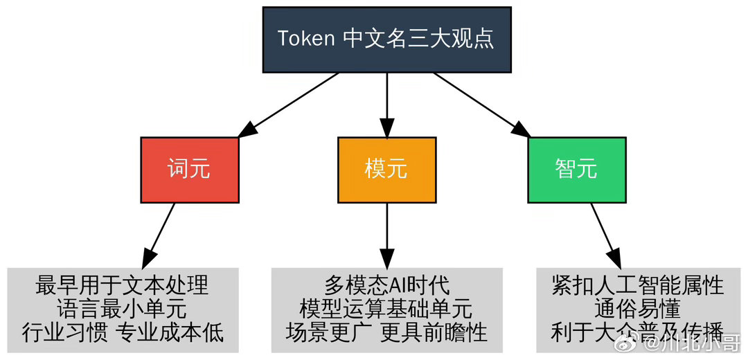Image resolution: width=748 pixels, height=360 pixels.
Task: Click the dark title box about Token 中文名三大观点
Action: click(x=386, y=39)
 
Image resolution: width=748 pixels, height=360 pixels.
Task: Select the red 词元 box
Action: click(x=189, y=170)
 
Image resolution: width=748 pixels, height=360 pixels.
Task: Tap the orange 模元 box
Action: click(x=386, y=170)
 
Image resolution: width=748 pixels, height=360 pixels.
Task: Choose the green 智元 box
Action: click(x=576, y=170)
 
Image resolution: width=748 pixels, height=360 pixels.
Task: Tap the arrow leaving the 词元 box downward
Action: click(x=159, y=235)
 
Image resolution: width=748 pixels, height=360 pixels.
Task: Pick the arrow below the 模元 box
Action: click(x=386, y=235)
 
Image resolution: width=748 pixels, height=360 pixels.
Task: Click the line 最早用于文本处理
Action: click(x=122, y=285)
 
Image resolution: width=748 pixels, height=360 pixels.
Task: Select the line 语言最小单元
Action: click(x=122, y=308)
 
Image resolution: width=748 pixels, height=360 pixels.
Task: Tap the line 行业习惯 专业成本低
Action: click(x=122, y=332)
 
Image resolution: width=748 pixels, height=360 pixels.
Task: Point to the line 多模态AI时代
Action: click(x=386, y=285)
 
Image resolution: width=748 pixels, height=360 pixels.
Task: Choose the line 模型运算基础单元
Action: click(x=386, y=308)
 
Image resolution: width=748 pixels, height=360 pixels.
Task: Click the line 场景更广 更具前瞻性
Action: click(x=386, y=332)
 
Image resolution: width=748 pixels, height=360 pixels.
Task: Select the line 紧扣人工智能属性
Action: click(x=637, y=285)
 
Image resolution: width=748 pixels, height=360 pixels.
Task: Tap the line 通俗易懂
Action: click(x=637, y=308)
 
